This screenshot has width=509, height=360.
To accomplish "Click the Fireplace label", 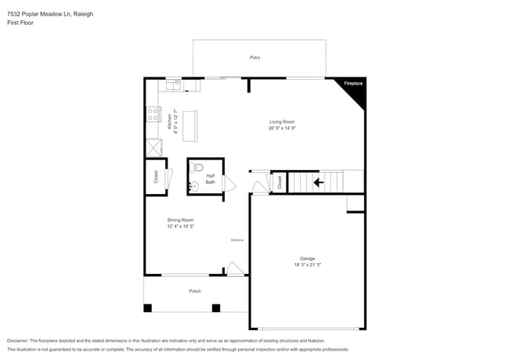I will [x=354, y=82].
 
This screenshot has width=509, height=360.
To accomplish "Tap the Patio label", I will [x=254, y=58].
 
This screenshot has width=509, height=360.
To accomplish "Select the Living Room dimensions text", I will [x=282, y=128].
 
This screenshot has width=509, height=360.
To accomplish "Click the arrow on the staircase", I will [x=318, y=182].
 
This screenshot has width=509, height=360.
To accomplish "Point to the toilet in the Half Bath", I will [x=198, y=167].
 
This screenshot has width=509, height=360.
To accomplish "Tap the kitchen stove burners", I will [x=150, y=117].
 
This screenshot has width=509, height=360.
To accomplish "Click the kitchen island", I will [x=190, y=125].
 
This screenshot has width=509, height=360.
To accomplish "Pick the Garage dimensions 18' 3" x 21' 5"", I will [x=307, y=265].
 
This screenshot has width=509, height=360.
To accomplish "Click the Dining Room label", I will [x=180, y=220].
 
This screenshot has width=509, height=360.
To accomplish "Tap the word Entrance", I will [x=236, y=239].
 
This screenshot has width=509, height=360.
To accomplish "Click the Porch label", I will [x=195, y=291].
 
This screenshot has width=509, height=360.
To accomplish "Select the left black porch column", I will [x=147, y=308].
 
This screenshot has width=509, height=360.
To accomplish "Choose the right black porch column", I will [x=216, y=308].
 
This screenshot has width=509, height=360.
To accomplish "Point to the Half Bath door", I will [x=230, y=183].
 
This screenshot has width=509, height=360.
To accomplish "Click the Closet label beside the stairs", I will [x=280, y=182].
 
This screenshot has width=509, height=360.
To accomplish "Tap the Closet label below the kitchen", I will [x=155, y=177].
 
